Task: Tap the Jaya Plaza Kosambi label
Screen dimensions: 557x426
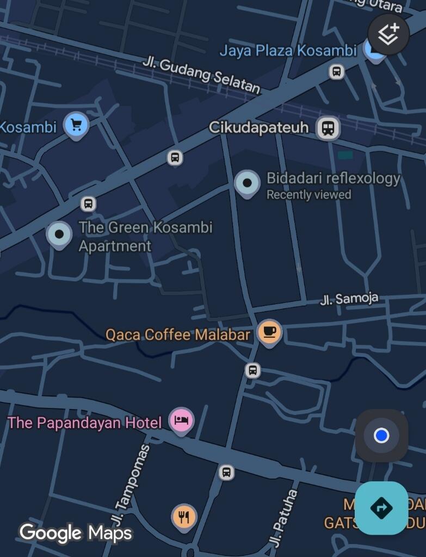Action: click(x=288, y=51)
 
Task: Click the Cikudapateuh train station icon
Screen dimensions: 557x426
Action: click(x=328, y=128)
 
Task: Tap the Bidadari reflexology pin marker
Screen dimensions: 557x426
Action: click(x=247, y=183)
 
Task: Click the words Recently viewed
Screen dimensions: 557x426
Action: click(x=308, y=195)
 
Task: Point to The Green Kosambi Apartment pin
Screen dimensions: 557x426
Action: click(x=59, y=234)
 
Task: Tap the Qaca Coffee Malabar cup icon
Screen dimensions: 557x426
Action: click(x=269, y=331)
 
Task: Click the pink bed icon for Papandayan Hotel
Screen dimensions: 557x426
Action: click(x=181, y=420)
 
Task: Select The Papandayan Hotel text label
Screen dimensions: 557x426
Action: click(x=85, y=423)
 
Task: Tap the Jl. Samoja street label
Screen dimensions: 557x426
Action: click(x=349, y=299)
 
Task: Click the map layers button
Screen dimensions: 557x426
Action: click(x=388, y=34)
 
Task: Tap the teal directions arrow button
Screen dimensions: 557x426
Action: click(x=381, y=508)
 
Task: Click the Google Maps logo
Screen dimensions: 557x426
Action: click(x=76, y=533)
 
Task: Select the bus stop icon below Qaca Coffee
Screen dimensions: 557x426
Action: click(x=252, y=371)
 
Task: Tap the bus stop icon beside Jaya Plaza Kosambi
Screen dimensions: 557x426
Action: click(x=337, y=71)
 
